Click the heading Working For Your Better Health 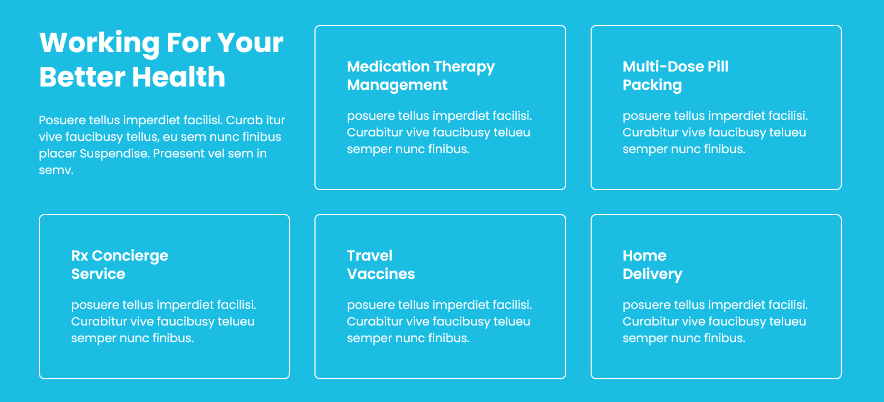coord(161,59)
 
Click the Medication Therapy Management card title coord(421,76)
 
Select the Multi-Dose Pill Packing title coord(675,76)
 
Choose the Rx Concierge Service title coord(120,264)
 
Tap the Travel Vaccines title coord(381,264)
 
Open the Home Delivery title coord(652,264)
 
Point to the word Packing coord(652,85)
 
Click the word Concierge coord(130,256)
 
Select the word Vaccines coord(381,274)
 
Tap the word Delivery coord(652,274)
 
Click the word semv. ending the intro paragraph coord(56,170)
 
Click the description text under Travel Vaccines coord(439,322)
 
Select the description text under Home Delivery coord(715,322)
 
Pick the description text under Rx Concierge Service coord(164,322)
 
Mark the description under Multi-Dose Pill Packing coord(715,133)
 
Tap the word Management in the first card coord(397,85)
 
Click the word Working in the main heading coord(99,43)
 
